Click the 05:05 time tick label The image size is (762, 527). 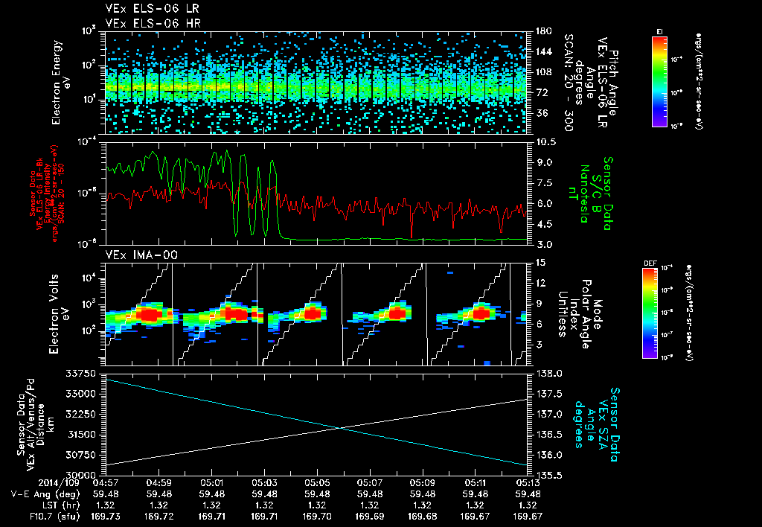pyautogui.click(x=318, y=482)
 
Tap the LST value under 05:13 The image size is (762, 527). pyautogui.click(x=528, y=504)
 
